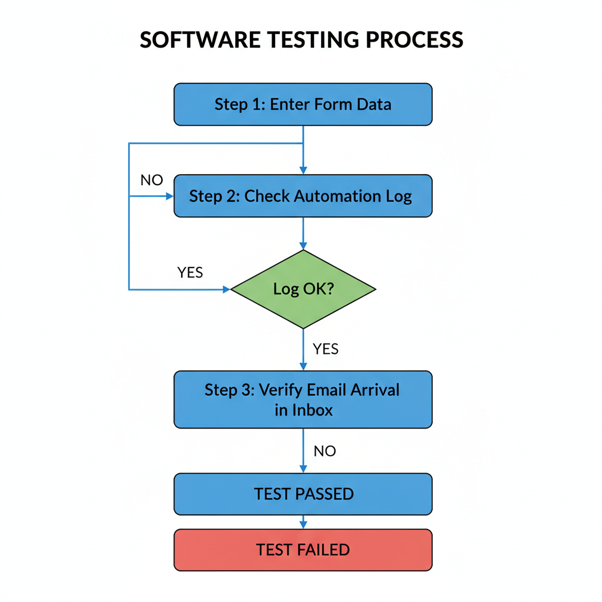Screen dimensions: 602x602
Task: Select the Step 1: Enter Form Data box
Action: [x=303, y=105]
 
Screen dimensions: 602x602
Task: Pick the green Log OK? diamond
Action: [x=303, y=289]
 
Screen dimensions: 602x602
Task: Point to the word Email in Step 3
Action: [x=326, y=390]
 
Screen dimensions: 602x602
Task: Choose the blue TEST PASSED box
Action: [x=303, y=494]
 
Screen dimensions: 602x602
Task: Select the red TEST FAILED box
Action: [x=303, y=550]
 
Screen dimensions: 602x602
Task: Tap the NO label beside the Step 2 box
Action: [x=152, y=180]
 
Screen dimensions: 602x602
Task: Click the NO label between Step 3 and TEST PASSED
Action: [x=325, y=451]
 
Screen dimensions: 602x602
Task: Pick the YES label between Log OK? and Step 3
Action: [x=326, y=349]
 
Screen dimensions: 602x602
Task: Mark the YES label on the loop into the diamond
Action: [x=190, y=273]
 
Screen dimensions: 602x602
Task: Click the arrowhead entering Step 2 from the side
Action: [x=170, y=196]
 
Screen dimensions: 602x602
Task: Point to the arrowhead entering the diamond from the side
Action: [x=226, y=289]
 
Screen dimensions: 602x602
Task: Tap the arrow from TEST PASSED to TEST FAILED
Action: [x=303, y=522]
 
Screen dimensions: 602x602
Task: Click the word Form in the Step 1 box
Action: [x=331, y=105]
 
